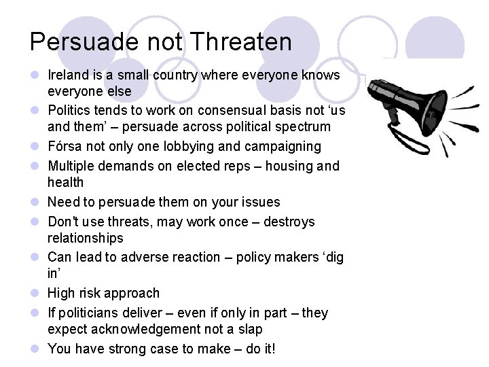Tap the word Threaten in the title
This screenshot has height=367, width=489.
(x=241, y=42)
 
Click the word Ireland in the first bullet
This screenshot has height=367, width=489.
(x=68, y=75)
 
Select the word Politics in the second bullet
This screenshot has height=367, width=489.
(x=69, y=110)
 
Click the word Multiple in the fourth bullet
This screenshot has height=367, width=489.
(x=70, y=166)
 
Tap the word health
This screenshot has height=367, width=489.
(x=65, y=182)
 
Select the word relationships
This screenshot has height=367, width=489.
(x=85, y=238)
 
